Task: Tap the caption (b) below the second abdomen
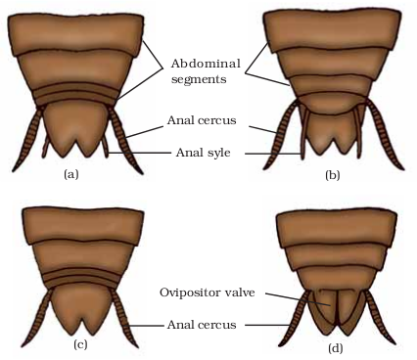(333, 175)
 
